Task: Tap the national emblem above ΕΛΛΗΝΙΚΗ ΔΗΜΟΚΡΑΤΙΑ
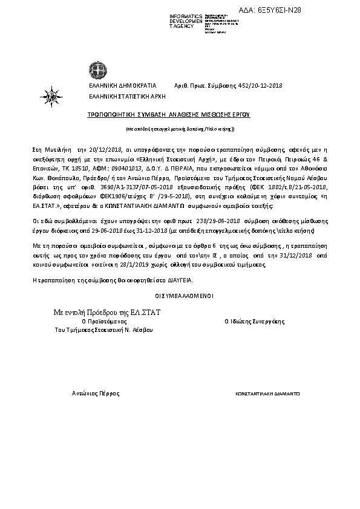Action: click(97, 68)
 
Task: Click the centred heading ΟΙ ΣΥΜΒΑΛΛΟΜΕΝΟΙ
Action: click(180, 296)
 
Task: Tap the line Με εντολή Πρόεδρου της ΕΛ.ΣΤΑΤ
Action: click(111, 311)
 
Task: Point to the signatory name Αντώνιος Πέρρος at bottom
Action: click(96, 393)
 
